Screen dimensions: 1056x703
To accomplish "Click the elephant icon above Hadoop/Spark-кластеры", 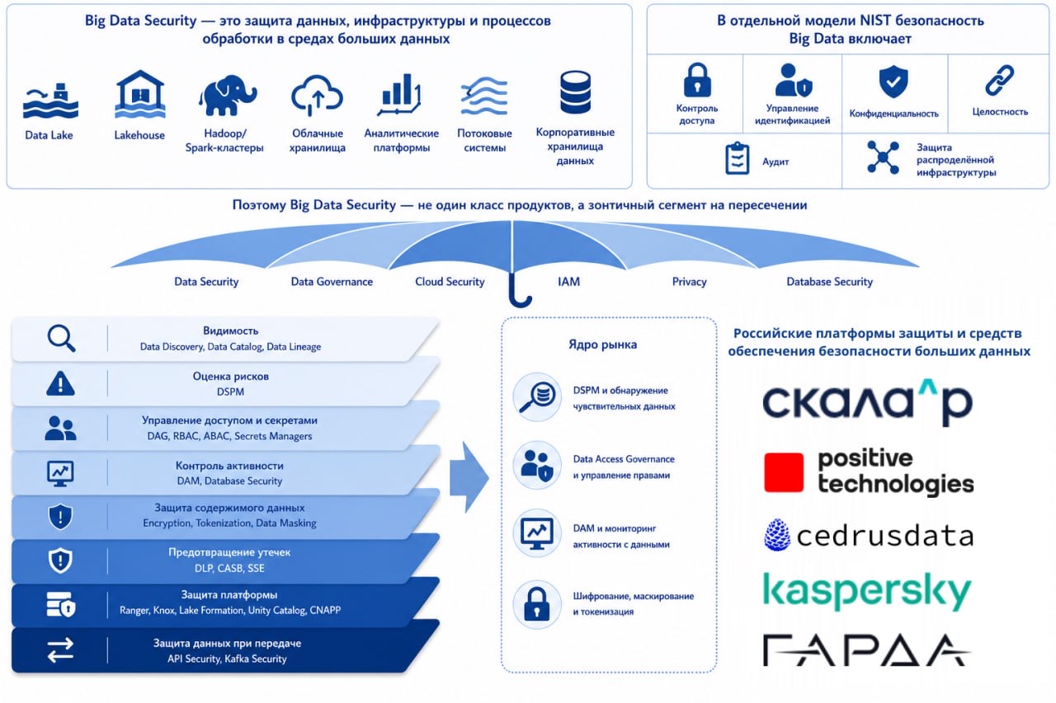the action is (228, 95).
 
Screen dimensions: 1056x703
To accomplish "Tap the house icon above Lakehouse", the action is (140, 94).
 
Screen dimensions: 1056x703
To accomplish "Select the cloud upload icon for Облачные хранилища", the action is (317, 96).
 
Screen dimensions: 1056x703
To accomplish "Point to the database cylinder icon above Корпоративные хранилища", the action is (575, 92).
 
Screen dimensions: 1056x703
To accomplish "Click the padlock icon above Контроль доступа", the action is (697, 80).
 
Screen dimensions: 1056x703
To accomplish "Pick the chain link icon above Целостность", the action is (999, 80).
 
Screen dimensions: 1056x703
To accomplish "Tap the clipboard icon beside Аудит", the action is (737, 159).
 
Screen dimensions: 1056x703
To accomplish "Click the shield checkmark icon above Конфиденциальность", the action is (893, 82).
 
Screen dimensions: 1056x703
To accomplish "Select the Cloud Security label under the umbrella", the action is (450, 282).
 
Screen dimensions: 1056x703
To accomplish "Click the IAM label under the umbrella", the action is (568, 282).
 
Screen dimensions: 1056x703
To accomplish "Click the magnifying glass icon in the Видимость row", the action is (61, 338).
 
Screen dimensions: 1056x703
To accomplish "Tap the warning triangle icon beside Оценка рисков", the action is (60, 383).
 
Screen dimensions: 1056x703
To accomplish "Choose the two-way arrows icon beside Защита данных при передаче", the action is (60, 650).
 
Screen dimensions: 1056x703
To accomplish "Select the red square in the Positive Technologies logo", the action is (784, 472).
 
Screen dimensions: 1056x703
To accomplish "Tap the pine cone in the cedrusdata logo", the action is (777, 535).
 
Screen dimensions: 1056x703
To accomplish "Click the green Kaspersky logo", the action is (867, 592).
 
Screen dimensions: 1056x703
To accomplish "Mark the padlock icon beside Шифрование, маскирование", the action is (536, 604).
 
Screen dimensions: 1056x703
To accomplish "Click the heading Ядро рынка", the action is (602, 344).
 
